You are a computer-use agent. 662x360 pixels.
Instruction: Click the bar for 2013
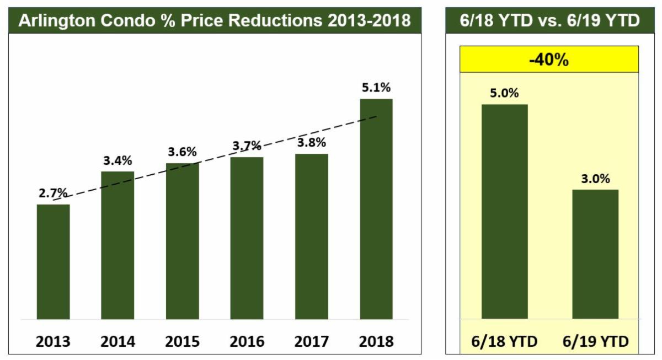tap(54, 262)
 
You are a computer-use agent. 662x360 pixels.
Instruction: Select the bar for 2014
tap(118, 245)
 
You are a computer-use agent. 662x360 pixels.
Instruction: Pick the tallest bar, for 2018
tap(376, 209)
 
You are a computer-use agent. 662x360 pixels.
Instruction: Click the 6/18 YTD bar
tap(504, 212)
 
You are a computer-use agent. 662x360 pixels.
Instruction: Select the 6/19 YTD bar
tap(595, 254)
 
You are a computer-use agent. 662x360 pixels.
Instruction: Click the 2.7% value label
tap(53, 194)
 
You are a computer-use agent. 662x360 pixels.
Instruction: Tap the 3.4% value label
tap(118, 161)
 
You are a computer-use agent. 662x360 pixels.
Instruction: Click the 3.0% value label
tap(595, 179)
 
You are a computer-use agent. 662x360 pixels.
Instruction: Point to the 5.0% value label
tap(504, 93)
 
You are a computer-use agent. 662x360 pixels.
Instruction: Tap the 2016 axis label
tap(247, 341)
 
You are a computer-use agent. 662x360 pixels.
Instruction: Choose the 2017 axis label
tap(312, 341)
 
